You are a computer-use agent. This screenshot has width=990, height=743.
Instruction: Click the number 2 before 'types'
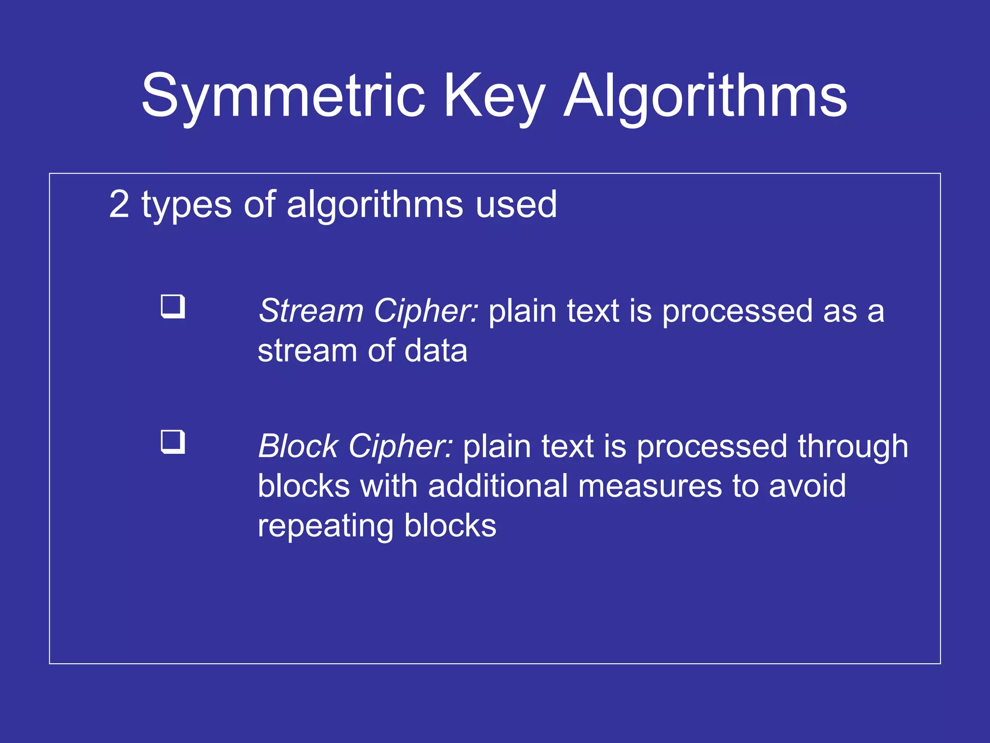[x=119, y=205]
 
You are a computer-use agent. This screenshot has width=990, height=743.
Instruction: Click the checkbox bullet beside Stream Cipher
[x=173, y=306]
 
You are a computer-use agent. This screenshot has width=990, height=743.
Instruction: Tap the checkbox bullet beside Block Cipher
[x=173, y=442]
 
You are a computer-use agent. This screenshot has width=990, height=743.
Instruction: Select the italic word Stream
[x=310, y=311]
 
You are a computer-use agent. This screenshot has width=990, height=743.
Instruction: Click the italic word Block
[x=298, y=446]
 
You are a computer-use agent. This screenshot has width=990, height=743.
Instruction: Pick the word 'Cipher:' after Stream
[x=426, y=311]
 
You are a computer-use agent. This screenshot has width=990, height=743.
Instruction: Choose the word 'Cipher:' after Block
[x=401, y=446]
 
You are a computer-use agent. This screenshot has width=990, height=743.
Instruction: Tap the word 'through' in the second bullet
[x=853, y=446]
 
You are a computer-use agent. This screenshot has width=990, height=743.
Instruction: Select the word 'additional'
[x=497, y=486]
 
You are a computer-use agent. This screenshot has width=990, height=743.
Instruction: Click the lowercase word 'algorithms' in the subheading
[x=375, y=205]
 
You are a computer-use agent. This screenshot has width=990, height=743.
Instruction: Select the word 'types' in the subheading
[x=187, y=205]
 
